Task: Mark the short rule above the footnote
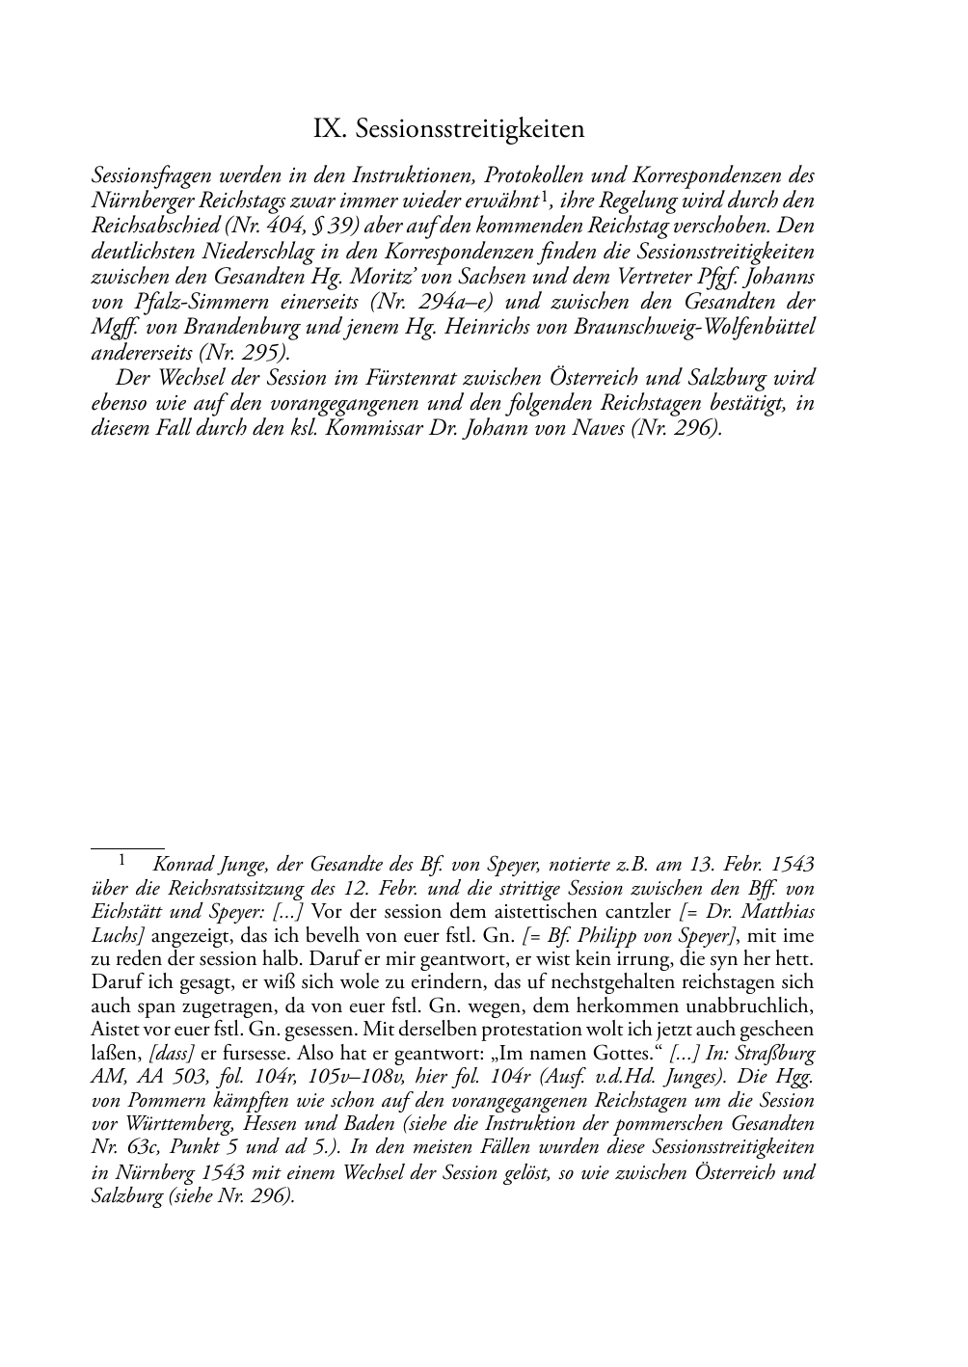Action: click(x=127, y=849)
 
